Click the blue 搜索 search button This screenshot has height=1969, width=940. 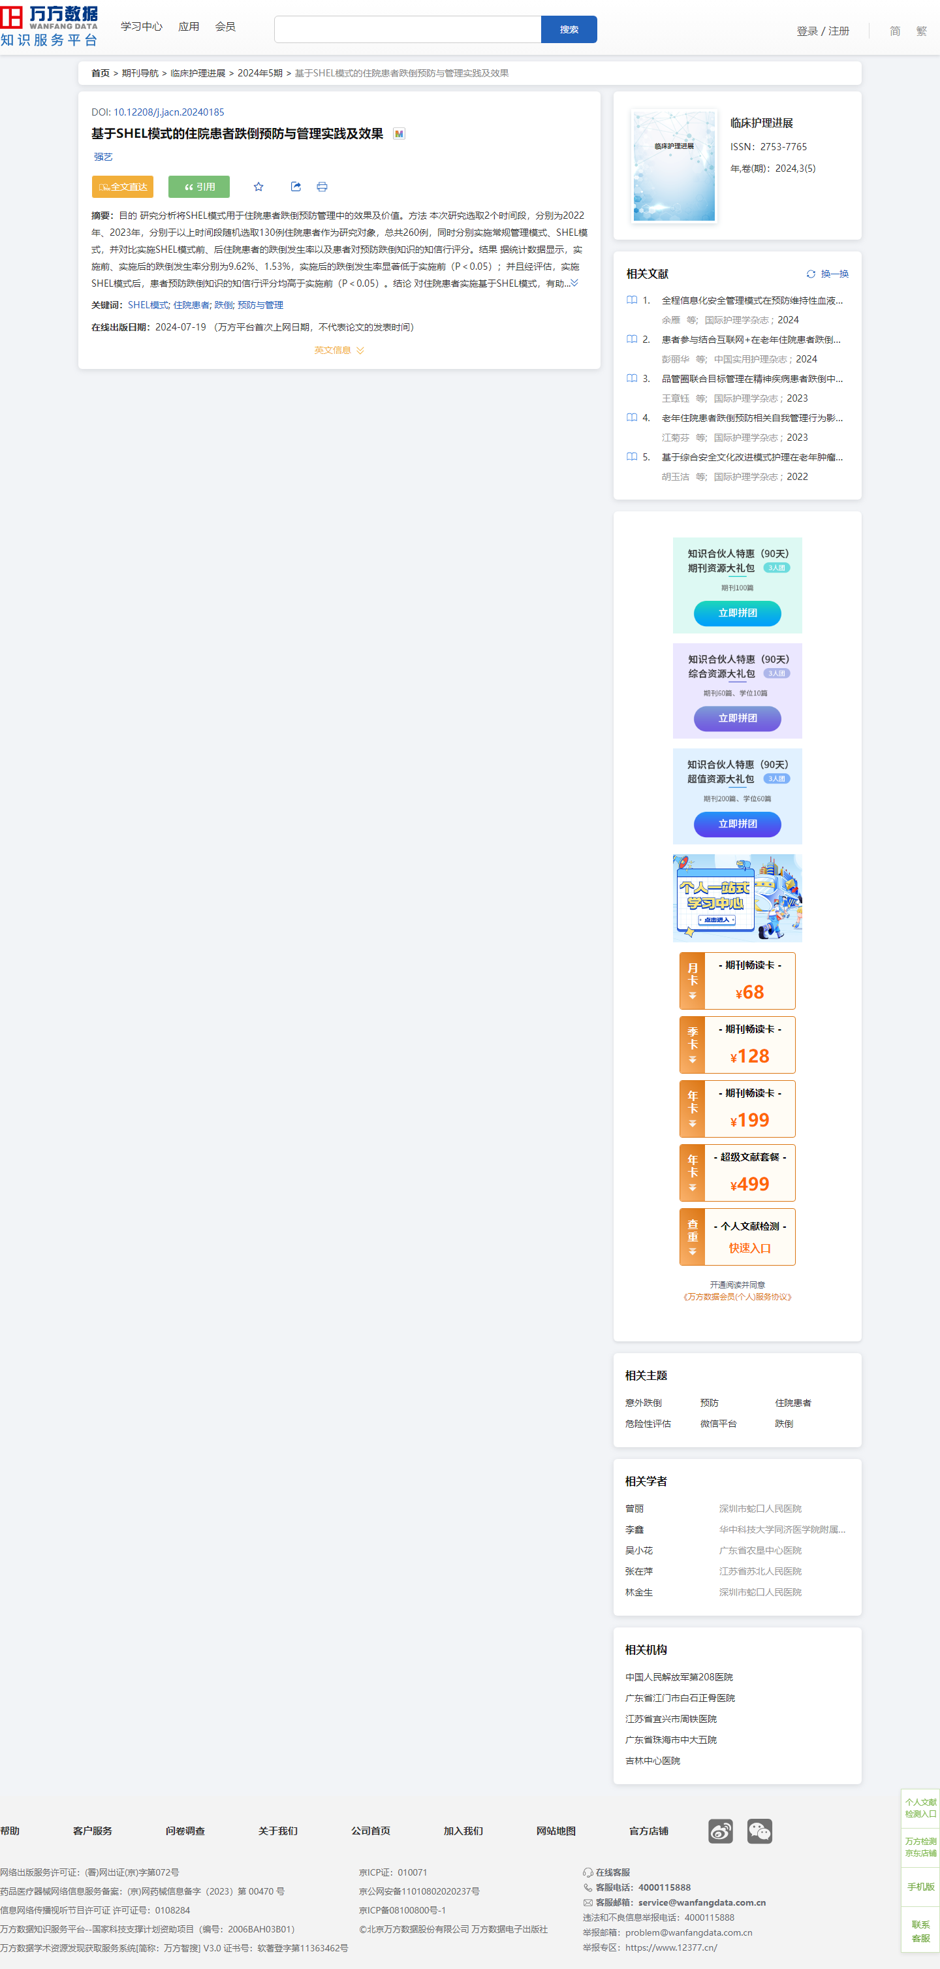click(569, 29)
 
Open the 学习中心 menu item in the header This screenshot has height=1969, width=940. click(142, 27)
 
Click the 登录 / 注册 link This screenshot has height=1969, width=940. click(822, 31)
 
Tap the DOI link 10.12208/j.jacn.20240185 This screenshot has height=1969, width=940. click(169, 112)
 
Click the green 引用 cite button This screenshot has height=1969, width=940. click(198, 187)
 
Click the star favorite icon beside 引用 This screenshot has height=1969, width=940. click(258, 187)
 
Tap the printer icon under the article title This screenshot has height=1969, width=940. click(322, 187)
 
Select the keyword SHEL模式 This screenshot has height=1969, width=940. click(148, 305)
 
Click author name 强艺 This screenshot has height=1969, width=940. click(103, 157)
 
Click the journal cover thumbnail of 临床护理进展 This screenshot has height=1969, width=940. click(674, 166)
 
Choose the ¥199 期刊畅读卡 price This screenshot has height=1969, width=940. click(749, 1120)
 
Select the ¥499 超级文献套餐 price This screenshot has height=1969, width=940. click(749, 1184)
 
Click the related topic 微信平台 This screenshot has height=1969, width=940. click(718, 1423)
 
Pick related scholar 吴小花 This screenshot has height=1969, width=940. click(639, 1550)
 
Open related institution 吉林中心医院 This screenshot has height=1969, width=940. click(653, 1760)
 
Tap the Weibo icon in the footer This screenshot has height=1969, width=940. click(720, 1831)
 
